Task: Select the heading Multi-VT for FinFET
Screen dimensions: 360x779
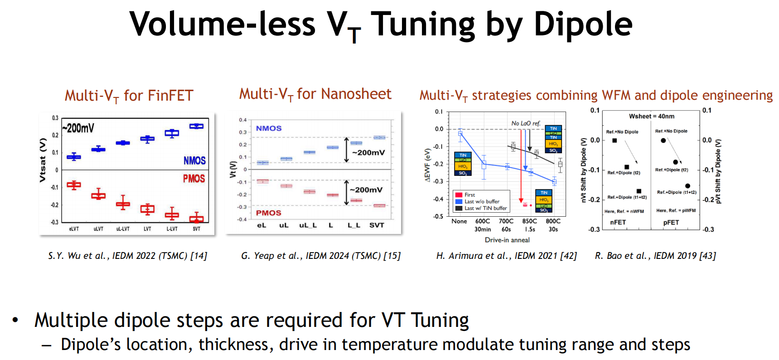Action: tap(129, 96)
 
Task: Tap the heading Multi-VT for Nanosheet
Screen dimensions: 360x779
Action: tap(315, 94)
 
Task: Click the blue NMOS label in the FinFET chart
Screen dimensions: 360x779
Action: tap(194, 161)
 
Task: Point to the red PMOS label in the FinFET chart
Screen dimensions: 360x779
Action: tap(194, 179)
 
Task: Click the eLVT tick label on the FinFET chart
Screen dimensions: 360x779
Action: tap(74, 229)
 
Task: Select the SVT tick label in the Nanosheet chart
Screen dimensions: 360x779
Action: tap(377, 225)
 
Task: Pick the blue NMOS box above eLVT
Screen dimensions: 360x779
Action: tap(74, 157)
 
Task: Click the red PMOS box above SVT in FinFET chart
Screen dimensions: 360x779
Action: tap(196, 219)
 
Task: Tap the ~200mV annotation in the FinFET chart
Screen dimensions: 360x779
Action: tap(78, 128)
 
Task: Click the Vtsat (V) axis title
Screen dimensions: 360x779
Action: tap(43, 160)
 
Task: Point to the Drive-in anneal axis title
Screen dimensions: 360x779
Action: tap(507, 240)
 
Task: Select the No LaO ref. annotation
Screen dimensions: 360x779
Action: tap(526, 123)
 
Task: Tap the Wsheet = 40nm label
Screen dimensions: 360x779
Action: tap(651, 117)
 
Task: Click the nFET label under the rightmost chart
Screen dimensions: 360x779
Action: tap(618, 222)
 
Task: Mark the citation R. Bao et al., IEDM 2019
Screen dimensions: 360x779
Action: tap(655, 256)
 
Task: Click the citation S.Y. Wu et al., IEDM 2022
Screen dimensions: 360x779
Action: tap(127, 256)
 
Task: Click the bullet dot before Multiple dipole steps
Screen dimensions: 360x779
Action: tap(15, 320)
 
